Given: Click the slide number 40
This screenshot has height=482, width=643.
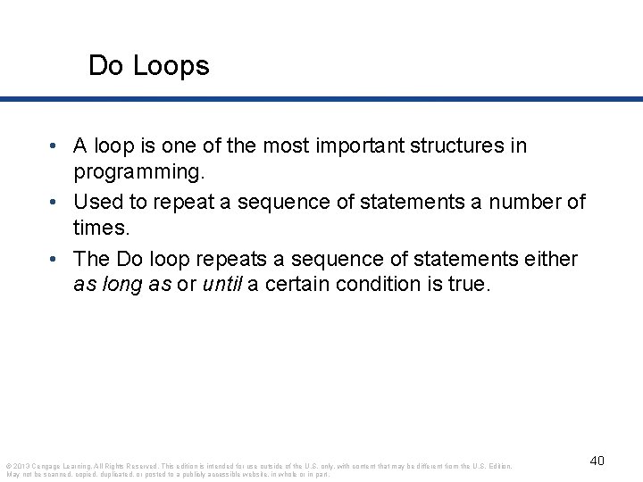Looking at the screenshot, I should [x=597, y=461].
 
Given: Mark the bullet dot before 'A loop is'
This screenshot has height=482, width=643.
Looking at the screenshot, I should [x=55, y=146].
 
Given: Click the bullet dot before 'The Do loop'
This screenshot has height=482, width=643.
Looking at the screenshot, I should [x=55, y=260].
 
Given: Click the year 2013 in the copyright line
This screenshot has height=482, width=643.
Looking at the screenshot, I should [x=21, y=466].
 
